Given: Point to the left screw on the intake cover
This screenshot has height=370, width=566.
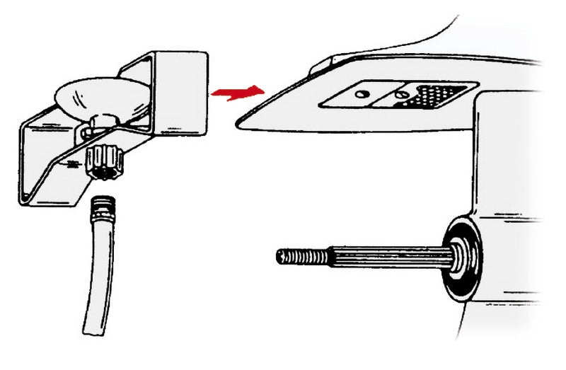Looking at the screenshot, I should (x=362, y=93).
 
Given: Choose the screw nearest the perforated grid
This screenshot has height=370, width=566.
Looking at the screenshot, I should (x=401, y=93).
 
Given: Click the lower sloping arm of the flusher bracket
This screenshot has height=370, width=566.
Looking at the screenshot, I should (x=78, y=170).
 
